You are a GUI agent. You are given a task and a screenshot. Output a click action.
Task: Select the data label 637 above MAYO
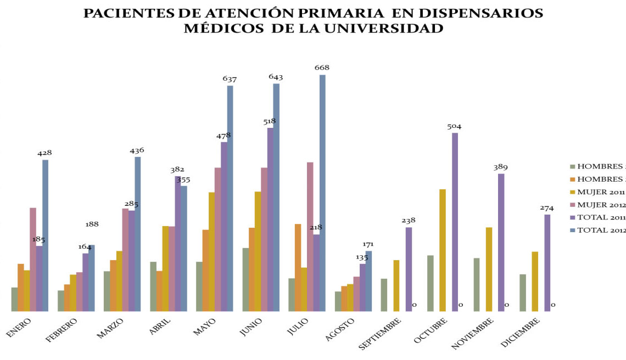coord(230,79)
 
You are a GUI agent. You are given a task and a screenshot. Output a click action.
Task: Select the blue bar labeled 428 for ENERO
coord(46,235)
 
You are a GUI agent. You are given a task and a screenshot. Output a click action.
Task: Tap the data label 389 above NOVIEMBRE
coord(500,166)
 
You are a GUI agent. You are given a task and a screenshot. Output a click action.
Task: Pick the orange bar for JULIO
coord(298,267)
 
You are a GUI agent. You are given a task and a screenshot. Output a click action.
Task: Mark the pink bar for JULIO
coord(310,237)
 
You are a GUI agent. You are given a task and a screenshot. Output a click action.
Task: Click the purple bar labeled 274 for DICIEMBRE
coord(547,263)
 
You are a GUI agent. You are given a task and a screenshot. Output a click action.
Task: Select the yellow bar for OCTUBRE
coord(442,250)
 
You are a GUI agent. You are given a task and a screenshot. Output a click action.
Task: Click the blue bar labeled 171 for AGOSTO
coord(368,281)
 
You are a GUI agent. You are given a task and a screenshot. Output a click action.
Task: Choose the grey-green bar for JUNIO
coord(245,280)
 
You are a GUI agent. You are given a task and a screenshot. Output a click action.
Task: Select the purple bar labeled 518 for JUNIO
coord(270,220)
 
